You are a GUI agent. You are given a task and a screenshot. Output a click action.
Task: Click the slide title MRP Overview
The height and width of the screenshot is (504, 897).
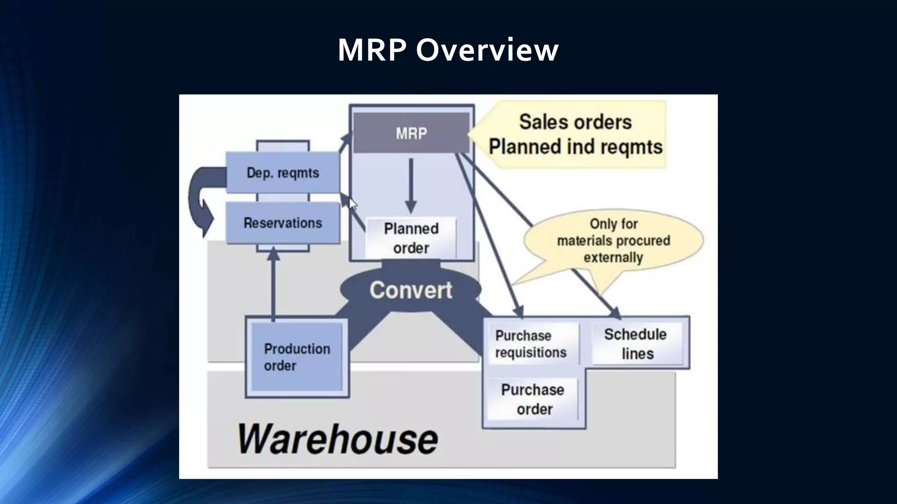pos(448,49)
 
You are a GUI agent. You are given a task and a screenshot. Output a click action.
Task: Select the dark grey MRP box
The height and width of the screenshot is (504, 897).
pos(411,133)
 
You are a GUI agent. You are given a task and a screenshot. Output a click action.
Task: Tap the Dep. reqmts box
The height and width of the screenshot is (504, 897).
pos(283,172)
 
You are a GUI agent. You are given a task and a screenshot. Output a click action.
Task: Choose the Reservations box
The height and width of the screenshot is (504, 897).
pos(283,223)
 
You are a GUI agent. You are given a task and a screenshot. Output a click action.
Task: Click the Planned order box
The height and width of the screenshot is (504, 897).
pos(411,238)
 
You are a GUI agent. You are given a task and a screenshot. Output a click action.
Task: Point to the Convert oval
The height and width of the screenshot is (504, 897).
pos(410,290)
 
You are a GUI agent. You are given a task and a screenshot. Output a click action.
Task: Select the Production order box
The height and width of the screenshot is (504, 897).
pos(297,357)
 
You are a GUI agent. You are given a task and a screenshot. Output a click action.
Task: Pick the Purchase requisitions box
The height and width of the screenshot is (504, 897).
pos(531,344)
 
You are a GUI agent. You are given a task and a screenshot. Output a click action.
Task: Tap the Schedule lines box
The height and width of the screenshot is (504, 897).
pos(636,344)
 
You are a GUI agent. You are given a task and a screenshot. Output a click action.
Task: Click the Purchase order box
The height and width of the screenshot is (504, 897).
pos(533,399)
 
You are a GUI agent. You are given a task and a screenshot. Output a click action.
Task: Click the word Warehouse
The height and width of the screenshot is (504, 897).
pos(337,439)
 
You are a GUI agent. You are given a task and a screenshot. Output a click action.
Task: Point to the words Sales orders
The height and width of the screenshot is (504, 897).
pos(576,122)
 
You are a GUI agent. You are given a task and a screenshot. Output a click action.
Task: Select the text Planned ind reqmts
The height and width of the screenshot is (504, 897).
pos(576,147)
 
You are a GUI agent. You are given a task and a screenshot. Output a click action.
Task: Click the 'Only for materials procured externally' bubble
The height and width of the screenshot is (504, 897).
pos(613,241)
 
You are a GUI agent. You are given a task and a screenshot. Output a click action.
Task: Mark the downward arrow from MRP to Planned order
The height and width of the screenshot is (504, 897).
pos(410,186)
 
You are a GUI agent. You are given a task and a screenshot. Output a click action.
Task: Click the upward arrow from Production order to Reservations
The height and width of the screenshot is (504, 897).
pos(273,284)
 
